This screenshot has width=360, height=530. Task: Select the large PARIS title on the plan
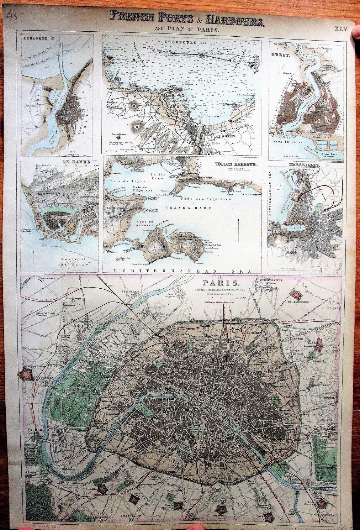[216, 283]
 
